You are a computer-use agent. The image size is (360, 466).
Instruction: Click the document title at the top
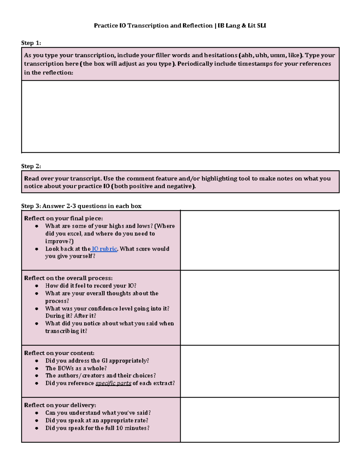180,26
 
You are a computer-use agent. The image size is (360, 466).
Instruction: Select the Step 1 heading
31,43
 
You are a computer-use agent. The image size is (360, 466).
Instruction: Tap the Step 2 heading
31,166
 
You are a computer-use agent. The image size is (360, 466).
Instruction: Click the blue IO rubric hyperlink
104,249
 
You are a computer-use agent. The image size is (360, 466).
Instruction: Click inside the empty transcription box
180,116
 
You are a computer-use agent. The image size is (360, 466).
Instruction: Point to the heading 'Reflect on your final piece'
63,218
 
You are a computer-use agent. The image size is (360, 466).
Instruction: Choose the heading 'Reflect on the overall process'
68,278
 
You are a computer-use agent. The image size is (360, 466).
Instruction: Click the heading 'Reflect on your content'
59,353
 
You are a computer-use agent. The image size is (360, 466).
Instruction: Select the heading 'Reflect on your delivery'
60,405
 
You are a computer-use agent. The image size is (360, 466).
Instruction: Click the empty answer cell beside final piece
259,240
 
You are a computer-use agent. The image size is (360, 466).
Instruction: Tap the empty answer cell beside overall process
259,308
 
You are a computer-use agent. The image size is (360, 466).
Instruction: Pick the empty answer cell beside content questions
259,371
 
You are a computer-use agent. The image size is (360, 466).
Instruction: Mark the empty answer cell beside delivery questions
259,420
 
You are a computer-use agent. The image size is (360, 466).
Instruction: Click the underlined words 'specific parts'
113,383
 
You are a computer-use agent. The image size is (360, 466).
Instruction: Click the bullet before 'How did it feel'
37,286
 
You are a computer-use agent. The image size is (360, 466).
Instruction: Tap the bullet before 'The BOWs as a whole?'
37,368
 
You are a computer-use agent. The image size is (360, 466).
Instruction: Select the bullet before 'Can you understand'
37,413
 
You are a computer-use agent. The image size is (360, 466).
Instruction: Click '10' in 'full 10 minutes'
119,428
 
